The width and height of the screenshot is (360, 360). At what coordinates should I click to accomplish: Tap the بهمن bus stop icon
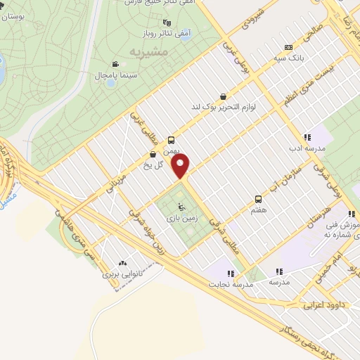pos(171,140)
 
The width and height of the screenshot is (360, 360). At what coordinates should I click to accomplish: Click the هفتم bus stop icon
pos(258,199)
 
